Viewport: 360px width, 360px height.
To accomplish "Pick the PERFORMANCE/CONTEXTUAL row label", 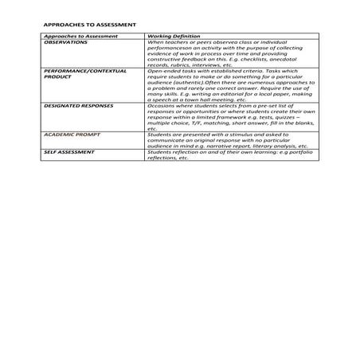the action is pos(84,71).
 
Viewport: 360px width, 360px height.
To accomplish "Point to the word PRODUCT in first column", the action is pos(58,76).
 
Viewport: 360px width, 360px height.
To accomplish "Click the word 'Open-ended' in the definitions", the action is pos(162,71).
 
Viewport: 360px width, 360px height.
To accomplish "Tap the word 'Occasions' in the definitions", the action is pos(160,104).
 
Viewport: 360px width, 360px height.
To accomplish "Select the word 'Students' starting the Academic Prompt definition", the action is pos(159,133).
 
